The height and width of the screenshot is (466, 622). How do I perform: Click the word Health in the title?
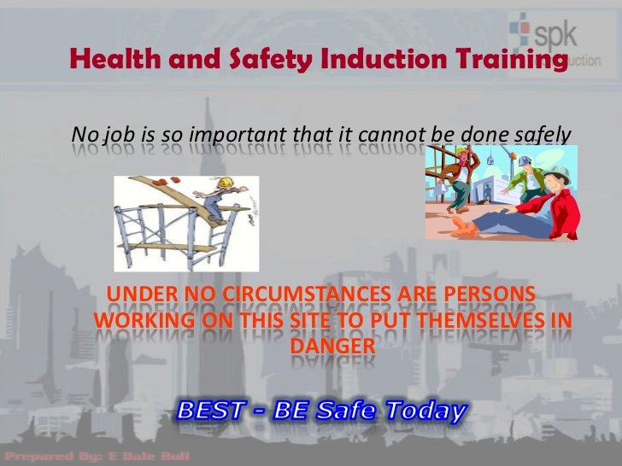coord(109,59)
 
